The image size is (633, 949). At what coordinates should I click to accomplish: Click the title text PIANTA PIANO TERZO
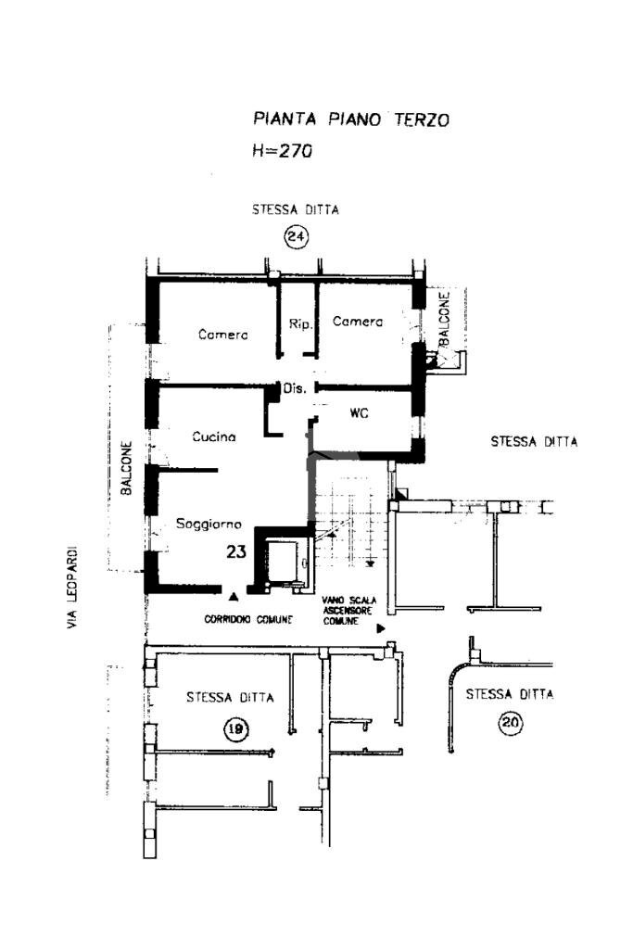coord(351,120)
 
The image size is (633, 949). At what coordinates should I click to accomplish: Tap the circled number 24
coord(296,238)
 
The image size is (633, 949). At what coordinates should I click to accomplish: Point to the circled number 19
coord(235,730)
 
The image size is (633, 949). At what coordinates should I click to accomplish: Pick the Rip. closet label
coord(298,324)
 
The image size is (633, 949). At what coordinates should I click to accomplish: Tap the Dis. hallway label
coord(295,389)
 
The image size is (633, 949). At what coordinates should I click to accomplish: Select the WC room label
coord(360,413)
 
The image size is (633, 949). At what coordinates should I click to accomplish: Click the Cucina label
coord(214,437)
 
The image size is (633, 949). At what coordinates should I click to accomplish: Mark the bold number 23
coord(236,551)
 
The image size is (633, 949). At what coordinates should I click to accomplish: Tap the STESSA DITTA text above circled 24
coord(296,210)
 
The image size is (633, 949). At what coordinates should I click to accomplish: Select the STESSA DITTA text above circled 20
coord(510,694)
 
